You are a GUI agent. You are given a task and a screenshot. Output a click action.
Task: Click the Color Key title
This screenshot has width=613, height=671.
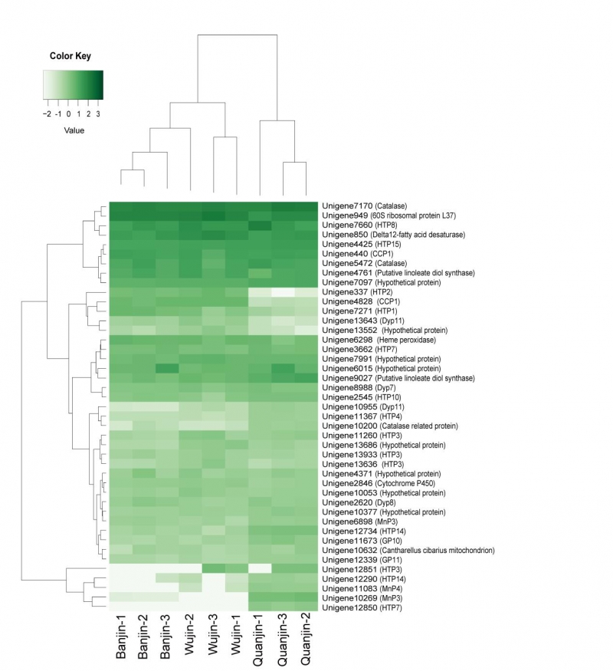point(72,55)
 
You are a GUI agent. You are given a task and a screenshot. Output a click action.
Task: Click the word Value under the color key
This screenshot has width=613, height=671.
point(74,130)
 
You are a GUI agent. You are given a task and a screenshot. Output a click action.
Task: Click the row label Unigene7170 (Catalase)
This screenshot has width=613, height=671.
point(364,206)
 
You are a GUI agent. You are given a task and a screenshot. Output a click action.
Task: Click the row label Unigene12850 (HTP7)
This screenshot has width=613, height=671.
point(358,607)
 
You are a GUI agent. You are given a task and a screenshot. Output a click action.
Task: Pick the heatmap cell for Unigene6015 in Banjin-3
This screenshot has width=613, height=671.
point(167,368)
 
